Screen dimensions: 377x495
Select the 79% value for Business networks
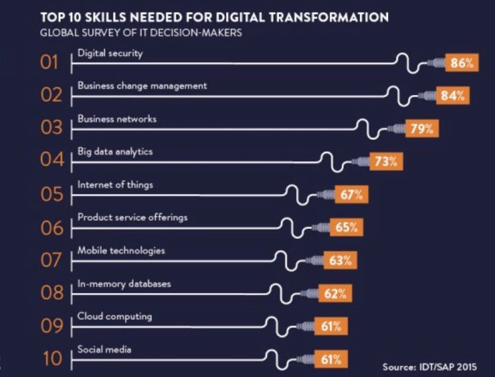click(420, 129)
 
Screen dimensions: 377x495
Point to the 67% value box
click(351, 195)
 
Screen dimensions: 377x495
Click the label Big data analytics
click(115, 152)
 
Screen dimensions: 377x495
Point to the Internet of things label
click(115, 185)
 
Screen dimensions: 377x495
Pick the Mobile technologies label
click(121, 251)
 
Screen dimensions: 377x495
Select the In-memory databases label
click(124, 284)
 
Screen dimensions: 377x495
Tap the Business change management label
click(142, 86)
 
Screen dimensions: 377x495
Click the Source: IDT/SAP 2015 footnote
click(429, 366)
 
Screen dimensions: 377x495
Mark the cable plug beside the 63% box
click(313, 261)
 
